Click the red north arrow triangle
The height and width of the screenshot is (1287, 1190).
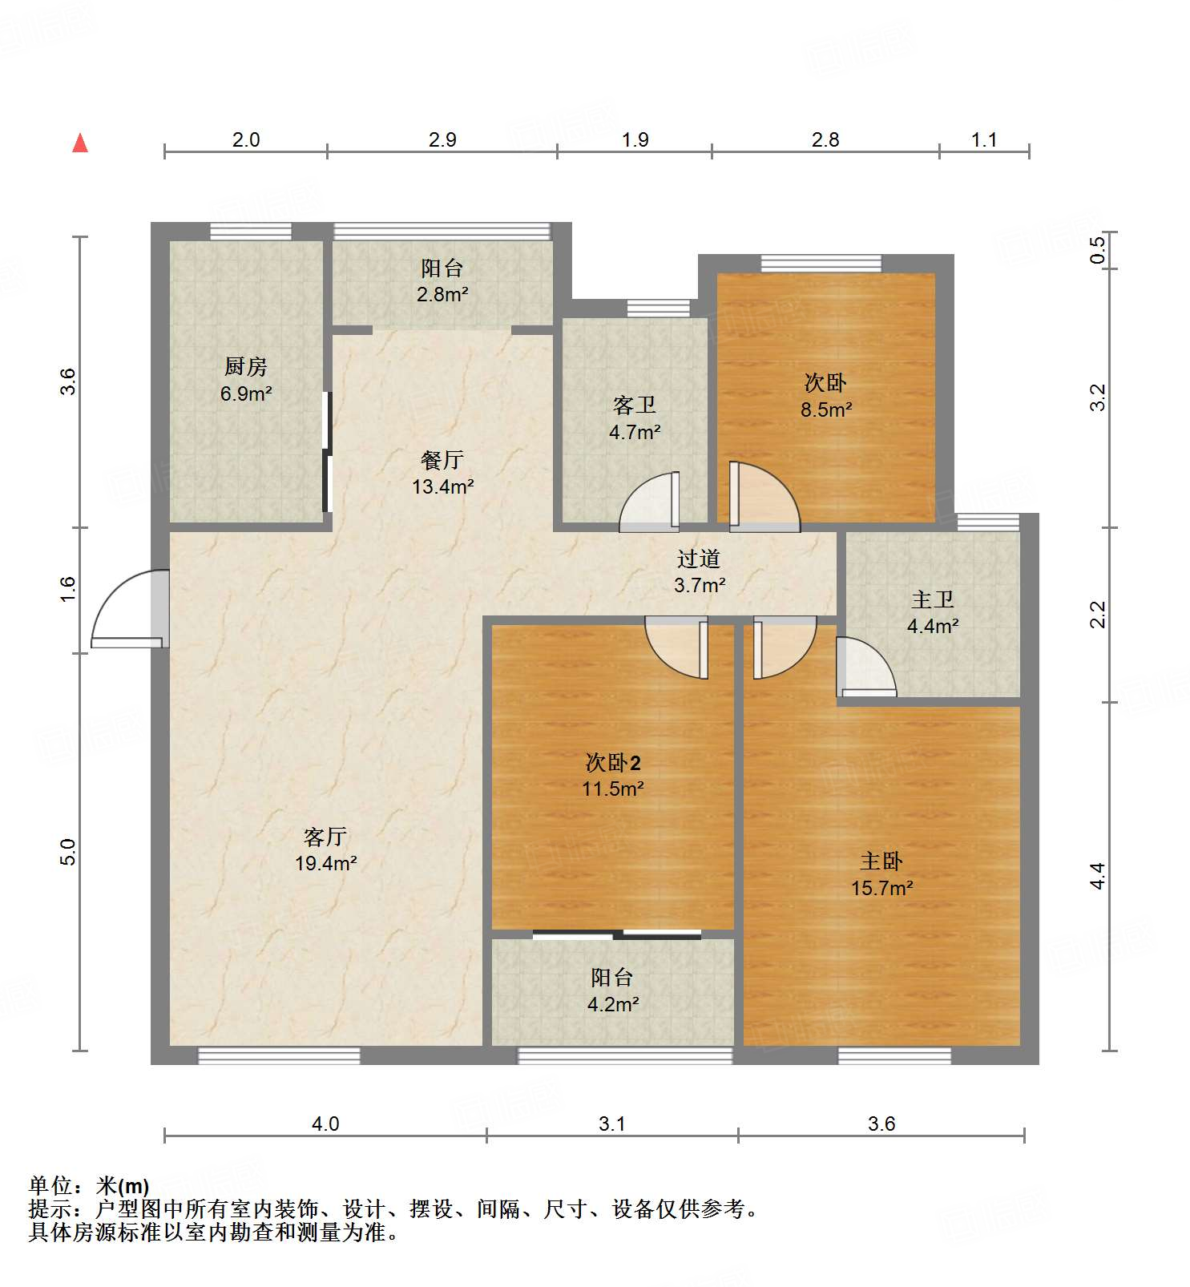point(80,143)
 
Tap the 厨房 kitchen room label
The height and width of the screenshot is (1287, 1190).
point(245,366)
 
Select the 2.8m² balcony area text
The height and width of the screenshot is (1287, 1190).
point(442,294)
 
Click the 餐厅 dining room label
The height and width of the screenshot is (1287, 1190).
point(442,460)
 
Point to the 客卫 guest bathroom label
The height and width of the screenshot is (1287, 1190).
point(634,405)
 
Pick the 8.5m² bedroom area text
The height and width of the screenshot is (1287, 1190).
point(826,409)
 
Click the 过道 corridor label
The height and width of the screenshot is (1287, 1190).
point(699,559)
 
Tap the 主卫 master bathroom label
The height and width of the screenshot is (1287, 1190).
point(933,599)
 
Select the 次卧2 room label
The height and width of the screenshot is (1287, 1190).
point(613,762)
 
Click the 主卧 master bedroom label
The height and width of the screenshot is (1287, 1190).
point(881,861)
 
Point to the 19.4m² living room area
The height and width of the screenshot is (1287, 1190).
point(325,863)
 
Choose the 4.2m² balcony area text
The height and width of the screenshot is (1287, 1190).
point(613,1004)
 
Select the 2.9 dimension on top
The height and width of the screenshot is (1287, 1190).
point(442,140)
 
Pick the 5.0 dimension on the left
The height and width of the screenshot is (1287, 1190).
point(68,851)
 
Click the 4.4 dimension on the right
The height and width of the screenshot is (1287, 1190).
point(1098,875)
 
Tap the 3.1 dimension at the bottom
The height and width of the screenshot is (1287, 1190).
point(611,1124)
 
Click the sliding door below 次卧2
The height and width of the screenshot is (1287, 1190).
point(617,934)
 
